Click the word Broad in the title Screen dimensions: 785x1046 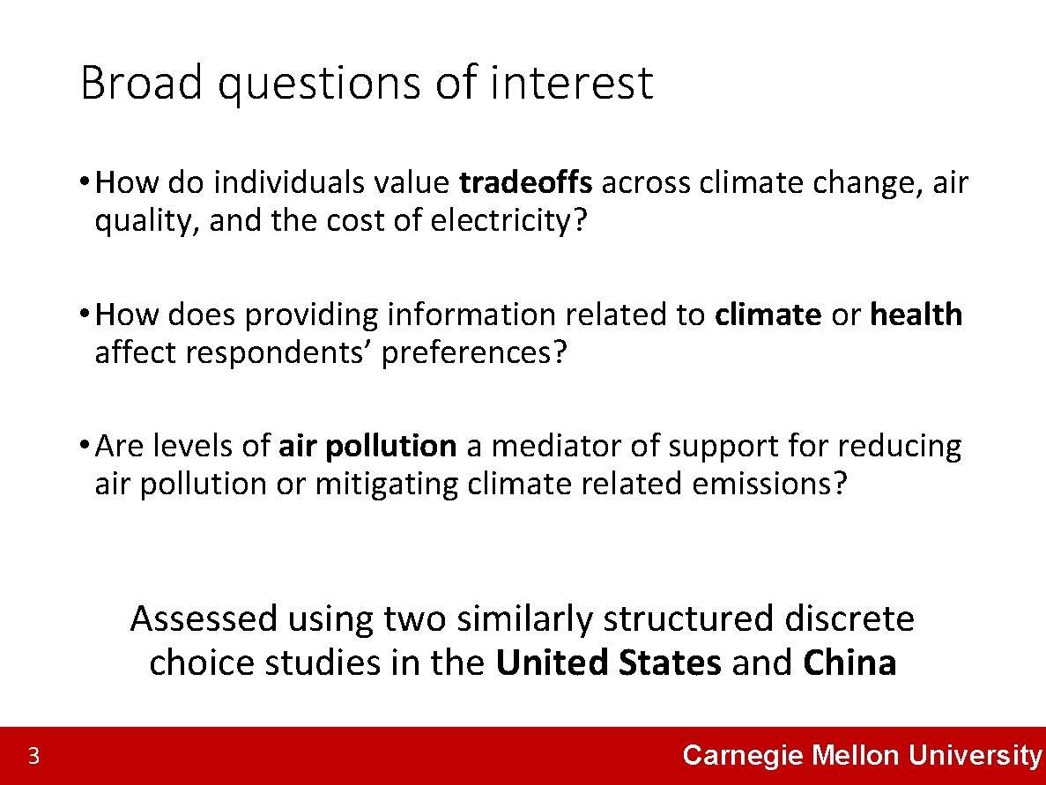(142, 84)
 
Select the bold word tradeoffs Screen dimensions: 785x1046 (526, 182)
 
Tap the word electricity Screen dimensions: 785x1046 (502, 221)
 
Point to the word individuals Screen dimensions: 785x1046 (288, 182)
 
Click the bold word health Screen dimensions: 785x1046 (916, 315)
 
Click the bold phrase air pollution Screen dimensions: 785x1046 (367, 447)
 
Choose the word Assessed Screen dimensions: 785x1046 (204, 618)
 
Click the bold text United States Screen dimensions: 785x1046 (608, 663)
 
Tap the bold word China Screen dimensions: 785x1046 (849, 663)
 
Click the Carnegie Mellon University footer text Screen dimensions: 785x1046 (862, 755)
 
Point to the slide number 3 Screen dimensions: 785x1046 (33, 756)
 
